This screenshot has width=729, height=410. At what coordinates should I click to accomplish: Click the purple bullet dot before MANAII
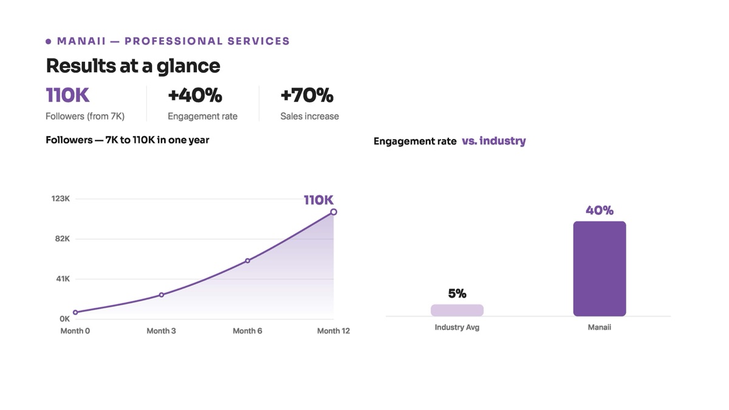[49, 41]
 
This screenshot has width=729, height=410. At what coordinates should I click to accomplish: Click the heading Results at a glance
[133, 66]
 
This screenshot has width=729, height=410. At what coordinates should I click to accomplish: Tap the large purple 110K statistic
[67, 95]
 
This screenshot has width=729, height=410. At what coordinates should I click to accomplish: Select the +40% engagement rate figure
[195, 95]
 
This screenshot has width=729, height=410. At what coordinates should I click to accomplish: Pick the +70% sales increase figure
[307, 95]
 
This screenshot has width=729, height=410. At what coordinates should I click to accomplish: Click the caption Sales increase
[309, 116]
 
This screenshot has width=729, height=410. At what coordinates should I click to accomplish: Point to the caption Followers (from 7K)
[85, 116]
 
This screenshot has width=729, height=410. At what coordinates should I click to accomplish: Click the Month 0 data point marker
[75, 312]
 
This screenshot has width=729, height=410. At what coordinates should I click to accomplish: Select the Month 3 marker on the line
[162, 295]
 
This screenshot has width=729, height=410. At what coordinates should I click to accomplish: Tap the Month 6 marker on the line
[248, 261]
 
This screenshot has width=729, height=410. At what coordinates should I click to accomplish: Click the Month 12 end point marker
[334, 212]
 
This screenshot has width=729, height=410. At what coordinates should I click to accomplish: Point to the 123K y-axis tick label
[61, 199]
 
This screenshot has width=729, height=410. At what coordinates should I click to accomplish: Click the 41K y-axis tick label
[63, 279]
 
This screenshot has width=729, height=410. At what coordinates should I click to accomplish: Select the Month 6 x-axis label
[247, 331]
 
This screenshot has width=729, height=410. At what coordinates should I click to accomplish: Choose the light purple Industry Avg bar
[457, 310]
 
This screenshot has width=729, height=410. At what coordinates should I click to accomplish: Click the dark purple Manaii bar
[600, 268]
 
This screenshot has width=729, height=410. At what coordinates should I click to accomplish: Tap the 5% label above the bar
[457, 293]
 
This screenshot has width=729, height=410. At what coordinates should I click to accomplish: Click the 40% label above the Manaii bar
[600, 211]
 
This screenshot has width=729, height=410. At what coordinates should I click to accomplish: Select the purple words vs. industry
[494, 141]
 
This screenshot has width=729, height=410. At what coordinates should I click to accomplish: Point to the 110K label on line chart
[318, 200]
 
